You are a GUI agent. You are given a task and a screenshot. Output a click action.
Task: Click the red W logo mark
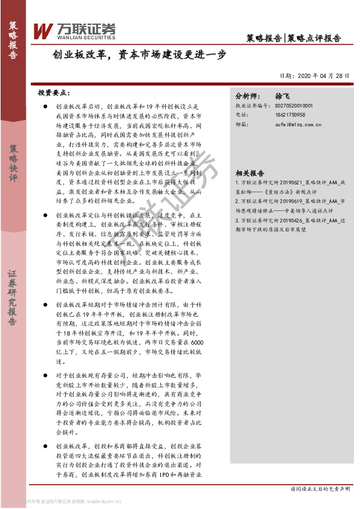tap(44, 30)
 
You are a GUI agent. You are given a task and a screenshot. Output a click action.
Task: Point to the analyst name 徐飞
tap(283, 96)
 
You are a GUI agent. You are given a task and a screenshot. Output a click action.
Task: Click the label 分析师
tap(247, 96)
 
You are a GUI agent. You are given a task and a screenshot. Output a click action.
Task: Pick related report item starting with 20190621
tap(290, 186)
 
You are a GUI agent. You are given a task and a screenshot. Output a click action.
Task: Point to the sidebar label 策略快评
tap(13, 163)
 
